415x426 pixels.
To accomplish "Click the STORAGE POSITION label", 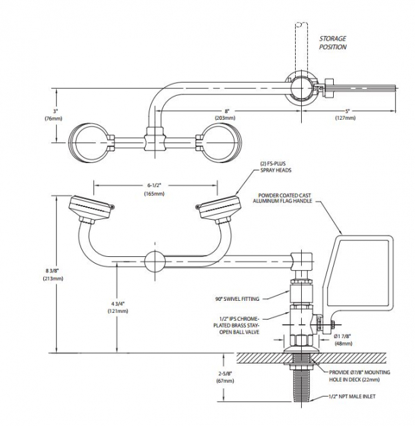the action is [332, 43].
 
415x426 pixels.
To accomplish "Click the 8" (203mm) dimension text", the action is [225, 114].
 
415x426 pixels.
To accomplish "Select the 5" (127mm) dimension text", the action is [345, 114].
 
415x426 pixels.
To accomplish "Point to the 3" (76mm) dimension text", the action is [53, 115].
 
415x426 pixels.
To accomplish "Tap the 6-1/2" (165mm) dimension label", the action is [154, 189].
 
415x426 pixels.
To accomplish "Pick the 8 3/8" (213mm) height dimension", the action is [53, 274].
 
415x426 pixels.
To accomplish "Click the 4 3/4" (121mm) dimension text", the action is [117, 308].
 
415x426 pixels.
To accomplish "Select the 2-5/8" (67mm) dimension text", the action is [225, 377].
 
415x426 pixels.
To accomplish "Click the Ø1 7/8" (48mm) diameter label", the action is [343, 340].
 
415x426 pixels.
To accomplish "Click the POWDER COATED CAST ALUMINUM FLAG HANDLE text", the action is [282, 198].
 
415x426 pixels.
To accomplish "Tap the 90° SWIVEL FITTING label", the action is [237, 299].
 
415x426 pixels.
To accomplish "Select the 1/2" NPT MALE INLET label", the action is [352, 397].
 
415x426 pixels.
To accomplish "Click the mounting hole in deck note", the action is [359, 375].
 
